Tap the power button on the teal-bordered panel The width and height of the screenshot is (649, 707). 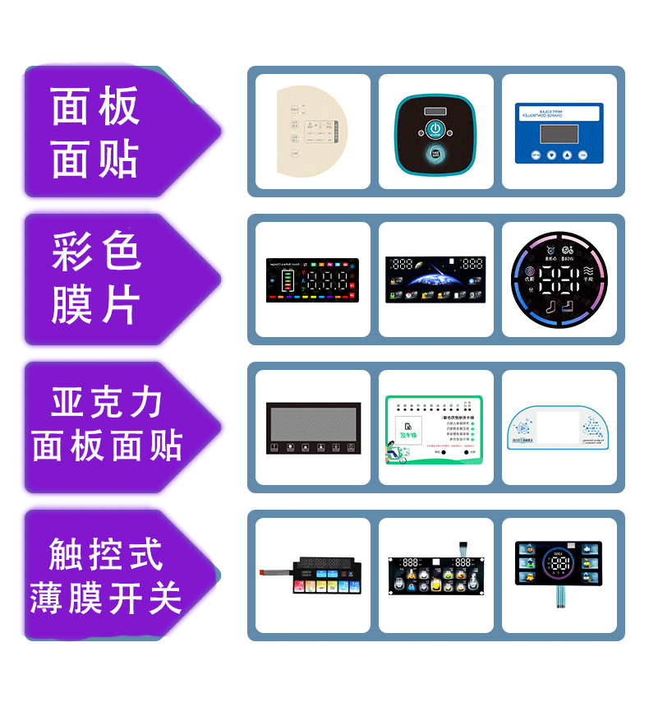coord(435,129)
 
